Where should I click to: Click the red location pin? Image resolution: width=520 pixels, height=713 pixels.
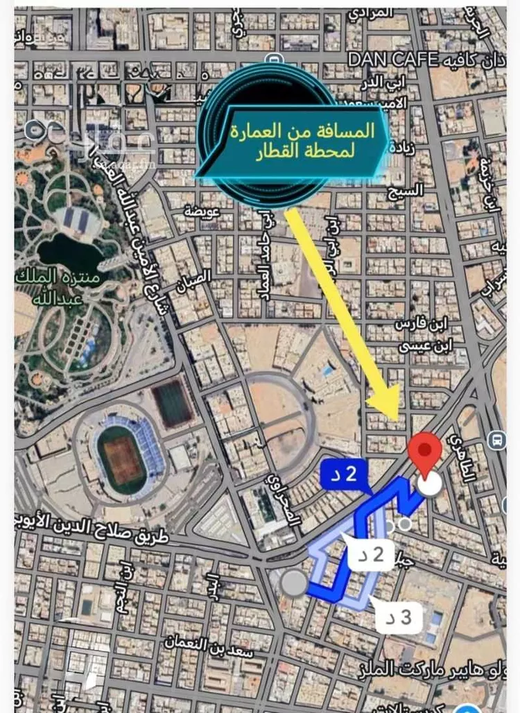[x=426, y=451]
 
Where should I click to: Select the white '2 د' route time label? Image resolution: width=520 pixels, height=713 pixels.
[x=371, y=554]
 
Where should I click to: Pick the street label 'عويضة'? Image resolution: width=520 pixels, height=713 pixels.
[x=198, y=207]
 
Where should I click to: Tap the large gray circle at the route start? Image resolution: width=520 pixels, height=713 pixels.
[x=295, y=583]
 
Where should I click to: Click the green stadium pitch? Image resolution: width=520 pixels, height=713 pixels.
[x=122, y=459]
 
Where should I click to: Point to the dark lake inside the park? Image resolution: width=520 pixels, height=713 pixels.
[x=69, y=253]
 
